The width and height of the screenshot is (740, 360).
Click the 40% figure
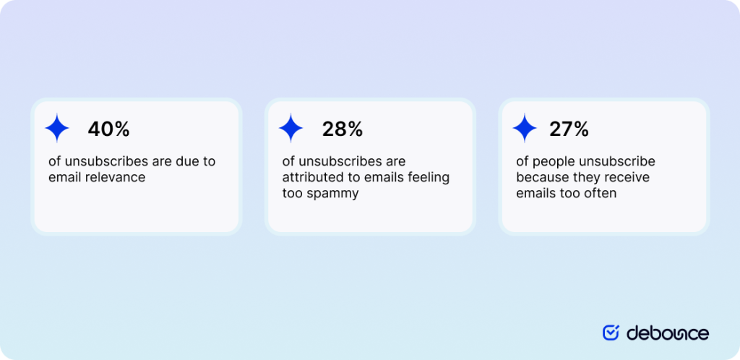pyautogui.click(x=108, y=129)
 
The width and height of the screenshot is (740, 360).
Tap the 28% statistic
pyautogui.click(x=343, y=129)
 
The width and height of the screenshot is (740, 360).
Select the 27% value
pyautogui.click(x=569, y=129)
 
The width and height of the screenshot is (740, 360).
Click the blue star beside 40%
pyautogui.click(x=57, y=128)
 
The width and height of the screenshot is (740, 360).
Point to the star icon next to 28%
pyautogui.click(x=291, y=128)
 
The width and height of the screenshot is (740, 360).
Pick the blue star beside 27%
pyautogui.click(x=525, y=128)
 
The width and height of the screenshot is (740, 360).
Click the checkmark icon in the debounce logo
pyautogui.click(x=611, y=333)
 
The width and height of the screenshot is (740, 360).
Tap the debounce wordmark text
pyautogui.click(x=668, y=333)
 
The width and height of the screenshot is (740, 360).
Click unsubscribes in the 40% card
pyautogui.click(x=100, y=161)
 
